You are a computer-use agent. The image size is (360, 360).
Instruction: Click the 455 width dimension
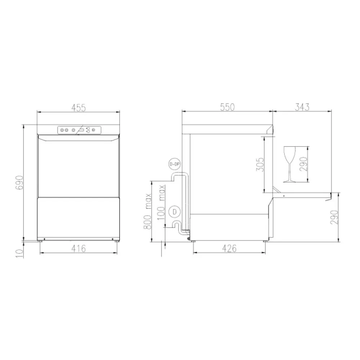78,107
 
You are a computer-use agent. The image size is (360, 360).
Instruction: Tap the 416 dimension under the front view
78,248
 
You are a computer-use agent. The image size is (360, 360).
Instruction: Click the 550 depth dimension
227,107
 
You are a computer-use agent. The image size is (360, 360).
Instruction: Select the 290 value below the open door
335,217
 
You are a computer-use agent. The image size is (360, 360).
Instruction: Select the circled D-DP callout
174,165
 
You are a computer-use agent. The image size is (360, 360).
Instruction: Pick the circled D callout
174,211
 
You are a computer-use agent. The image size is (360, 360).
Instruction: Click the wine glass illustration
289,164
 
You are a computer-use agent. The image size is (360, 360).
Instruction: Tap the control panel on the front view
79,130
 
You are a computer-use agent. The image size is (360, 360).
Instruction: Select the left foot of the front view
40,242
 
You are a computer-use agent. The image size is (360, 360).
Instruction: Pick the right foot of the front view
116,242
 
